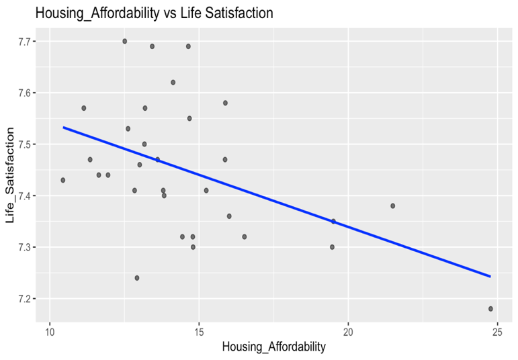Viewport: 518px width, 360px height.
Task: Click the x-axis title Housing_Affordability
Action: coord(273,347)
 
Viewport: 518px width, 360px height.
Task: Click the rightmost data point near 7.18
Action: coord(490,309)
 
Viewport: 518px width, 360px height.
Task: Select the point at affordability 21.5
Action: coord(393,206)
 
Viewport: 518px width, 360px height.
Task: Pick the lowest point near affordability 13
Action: coord(137,278)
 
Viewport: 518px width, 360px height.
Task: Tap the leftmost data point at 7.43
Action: coord(63,180)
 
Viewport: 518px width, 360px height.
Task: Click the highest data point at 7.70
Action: coord(125,41)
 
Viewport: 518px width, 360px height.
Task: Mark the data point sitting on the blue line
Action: coord(333,221)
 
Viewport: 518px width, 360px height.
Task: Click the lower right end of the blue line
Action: coord(490,276)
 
